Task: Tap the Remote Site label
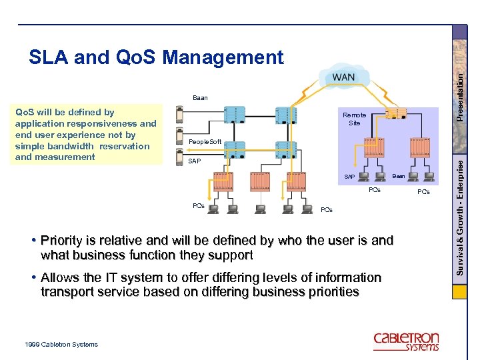[x=354, y=119]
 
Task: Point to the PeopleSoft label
[x=205, y=142]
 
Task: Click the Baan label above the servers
[x=200, y=98]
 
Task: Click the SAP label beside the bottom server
[x=195, y=161]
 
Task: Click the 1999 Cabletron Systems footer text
[x=60, y=344]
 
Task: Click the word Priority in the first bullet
[x=63, y=240]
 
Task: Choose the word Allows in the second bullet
[x=62, y=277]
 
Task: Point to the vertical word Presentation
[x=460, y=77]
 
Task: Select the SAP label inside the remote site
[x=349, y=176]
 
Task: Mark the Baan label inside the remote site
[x=398, y=176]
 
